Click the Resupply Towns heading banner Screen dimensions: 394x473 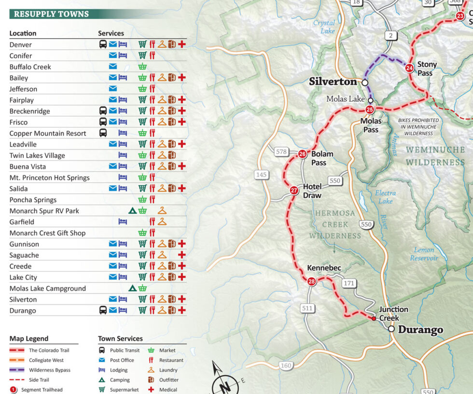[x=51, y=14]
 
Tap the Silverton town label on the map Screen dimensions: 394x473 [x=333, y=82]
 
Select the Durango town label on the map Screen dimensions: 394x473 [x=420, y=330]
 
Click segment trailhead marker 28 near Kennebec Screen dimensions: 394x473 [x=312, y=282]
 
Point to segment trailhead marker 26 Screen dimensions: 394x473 [x=303, y=154]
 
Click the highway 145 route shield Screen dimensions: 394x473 [x=262, y=175]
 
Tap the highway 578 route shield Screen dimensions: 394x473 [x=281, y=152]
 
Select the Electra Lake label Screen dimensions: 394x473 [x=385, y=197]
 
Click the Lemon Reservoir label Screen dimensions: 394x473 [x=424, y=254]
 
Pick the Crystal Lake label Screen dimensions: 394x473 [x=324, y=27]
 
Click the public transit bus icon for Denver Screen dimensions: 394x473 [x=103, y=44]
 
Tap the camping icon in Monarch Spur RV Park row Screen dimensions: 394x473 [x=132, y=211]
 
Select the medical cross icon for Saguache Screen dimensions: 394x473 [x=182, y=255]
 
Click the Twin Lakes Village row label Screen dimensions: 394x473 [x=37, y=155]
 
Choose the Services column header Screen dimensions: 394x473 [x=111, y=33]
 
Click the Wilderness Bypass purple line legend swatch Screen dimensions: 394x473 [x=17, y=370]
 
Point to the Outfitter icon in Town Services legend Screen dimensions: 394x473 [x=151, y=380]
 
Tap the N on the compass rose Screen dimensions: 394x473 [x=224, y=387]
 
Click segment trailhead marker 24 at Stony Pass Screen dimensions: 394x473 [x=409, y=68]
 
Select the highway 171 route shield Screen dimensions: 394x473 [x=349, y=284]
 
